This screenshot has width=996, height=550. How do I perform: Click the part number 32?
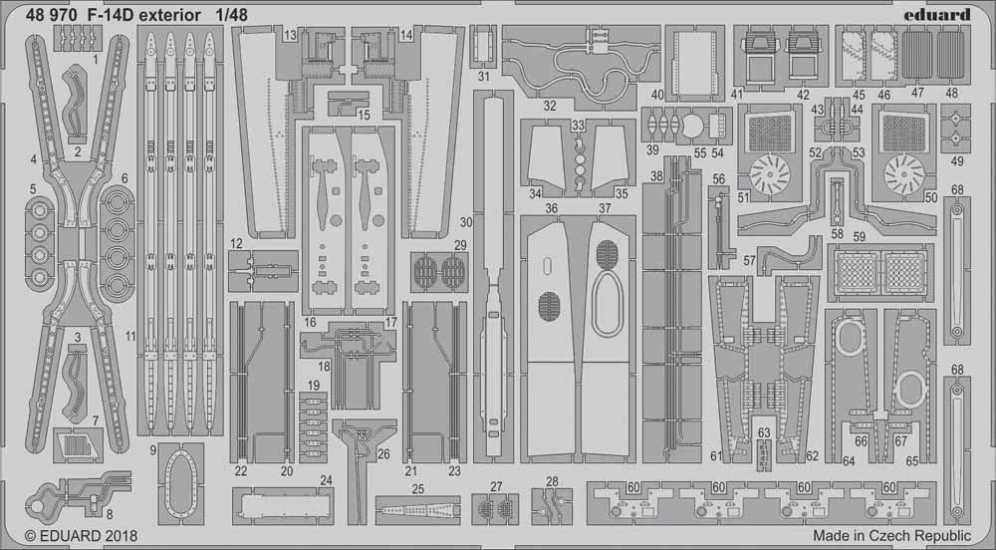[x=550, y=105]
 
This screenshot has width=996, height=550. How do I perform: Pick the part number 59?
[x=859, y=236]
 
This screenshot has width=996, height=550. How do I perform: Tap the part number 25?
[x=418, y=489]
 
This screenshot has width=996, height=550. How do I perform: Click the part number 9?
[x=154, y=450]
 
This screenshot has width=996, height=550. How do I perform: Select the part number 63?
[x=764, y=432]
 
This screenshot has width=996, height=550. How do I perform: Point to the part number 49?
[x=957, y=161]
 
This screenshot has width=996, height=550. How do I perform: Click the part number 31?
[x=483, y=76]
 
